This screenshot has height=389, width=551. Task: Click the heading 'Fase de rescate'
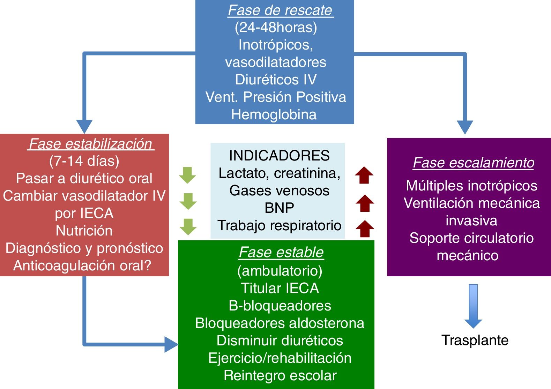tap(281, 10)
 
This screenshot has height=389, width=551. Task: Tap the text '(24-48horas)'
tap(276, 28)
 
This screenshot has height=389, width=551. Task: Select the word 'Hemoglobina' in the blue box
tap(274, 115)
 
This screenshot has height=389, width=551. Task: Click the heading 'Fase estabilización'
tap(91, 144)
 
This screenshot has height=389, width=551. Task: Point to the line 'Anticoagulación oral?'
tap(82, 266)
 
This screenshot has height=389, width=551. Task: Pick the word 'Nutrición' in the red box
tap(84, 231)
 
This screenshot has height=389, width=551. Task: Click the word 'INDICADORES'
tap(279, 156)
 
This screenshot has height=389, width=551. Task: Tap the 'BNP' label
tap(279, 208)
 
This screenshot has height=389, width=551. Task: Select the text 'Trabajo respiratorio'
tap(279, 226)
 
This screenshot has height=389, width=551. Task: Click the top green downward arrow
tap(187, 175)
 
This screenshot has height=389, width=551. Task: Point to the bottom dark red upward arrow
tap(365, 229)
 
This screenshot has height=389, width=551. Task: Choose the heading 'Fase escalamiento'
tap(474, 163)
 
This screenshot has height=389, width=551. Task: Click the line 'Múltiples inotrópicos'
tap(471, 186)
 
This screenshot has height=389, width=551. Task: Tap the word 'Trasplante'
tap(475, 340)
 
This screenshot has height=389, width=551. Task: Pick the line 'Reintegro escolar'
tap(280, 376)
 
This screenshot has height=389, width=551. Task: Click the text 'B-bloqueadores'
tap(280, 306)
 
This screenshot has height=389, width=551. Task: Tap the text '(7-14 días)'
tap(84, 161)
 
